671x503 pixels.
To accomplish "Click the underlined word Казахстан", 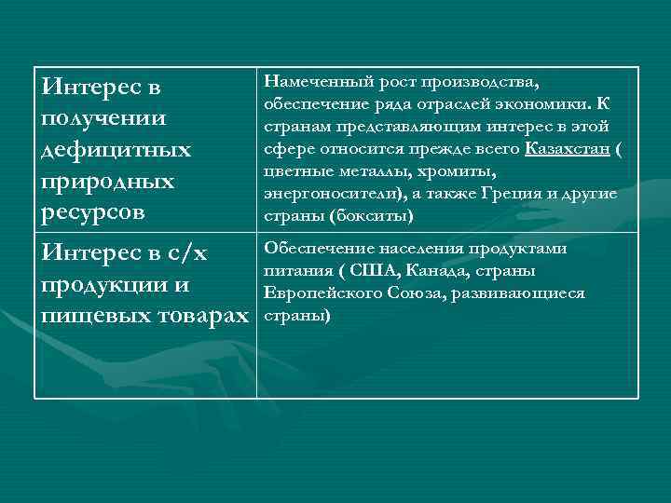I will tap(568, 148).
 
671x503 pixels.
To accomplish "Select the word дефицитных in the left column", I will tap(116, 150).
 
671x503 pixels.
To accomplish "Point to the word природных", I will tap(108, 181).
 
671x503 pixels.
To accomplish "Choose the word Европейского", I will tap(322, 292).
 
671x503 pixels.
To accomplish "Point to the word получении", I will tap(104, 119).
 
